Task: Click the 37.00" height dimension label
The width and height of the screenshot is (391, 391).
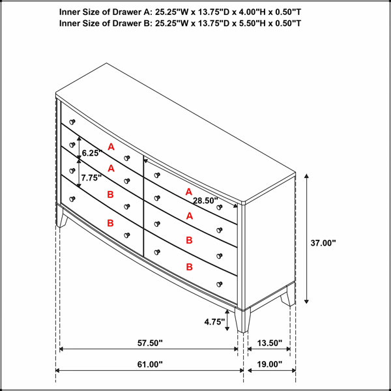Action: [x=323, y=243]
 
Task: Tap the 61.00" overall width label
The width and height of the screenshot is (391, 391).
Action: [x=150, y=364]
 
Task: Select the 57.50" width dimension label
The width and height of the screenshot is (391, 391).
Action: [x=150, y=343]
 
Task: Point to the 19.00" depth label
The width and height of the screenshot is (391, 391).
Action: [x=270, y=364]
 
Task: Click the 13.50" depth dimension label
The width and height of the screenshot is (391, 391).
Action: [x=270, y=343]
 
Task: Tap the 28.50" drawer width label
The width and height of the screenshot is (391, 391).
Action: [x=206, y=201]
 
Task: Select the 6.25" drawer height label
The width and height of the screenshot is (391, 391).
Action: [x=92, y=153]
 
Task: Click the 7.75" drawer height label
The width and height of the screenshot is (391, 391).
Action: [x=91, y=178]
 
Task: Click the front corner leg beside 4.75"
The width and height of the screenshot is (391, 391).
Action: [x=242, y=321]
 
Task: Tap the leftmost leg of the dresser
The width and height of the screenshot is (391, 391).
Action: [x=61, y=217]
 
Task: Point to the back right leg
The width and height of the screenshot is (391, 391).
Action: [x=288, y=296]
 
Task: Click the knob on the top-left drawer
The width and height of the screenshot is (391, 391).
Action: [x=72, y=122]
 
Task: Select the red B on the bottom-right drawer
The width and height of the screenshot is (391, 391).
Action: [x=189, y=267]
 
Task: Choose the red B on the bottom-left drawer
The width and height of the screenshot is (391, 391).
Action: [x=110, y=223]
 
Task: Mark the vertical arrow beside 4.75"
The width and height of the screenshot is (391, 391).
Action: [x=227, y=320]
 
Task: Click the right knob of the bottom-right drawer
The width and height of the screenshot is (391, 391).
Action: [x=220, y=284]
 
